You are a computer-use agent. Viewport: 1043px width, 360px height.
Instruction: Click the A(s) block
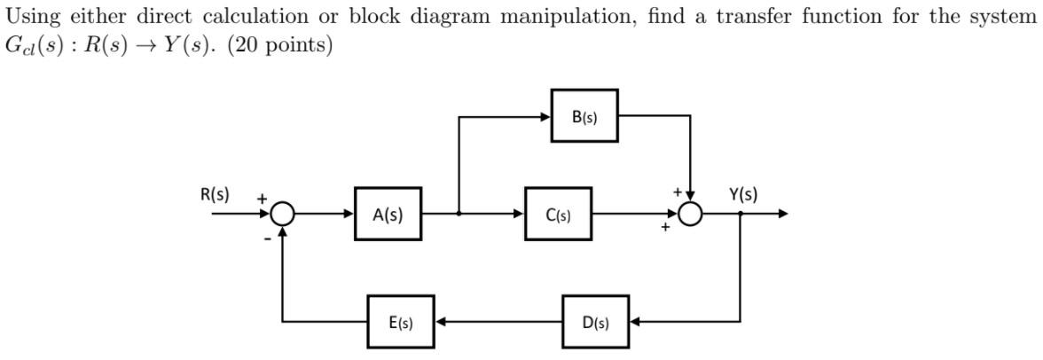tap(388, 214)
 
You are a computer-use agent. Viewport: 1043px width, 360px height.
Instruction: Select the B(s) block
tap(584, 115)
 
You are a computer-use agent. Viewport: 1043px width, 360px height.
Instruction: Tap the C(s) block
tap(558, 214)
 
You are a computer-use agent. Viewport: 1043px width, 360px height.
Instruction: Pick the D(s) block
tap(595, 322)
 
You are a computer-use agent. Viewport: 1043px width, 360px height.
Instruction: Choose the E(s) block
tap(401, 322)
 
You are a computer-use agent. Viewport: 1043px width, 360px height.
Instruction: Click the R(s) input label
tap(214, 194)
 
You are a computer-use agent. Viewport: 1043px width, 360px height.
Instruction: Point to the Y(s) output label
tap(743, 194)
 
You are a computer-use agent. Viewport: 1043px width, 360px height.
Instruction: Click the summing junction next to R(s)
tap(283, 214)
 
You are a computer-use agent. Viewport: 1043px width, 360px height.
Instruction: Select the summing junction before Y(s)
tap(690, 214)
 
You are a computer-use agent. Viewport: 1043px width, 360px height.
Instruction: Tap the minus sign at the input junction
tap(265, 239)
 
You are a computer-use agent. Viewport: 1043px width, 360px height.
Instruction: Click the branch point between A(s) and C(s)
tap(459, 214)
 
